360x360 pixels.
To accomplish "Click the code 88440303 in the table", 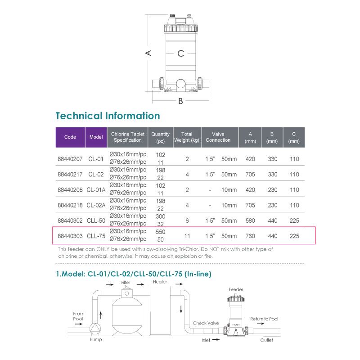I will pyautogui.click(x=70, y=236).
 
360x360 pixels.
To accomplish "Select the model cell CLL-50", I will pyautogui.click(x=96, y=220).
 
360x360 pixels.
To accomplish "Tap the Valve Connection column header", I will pyautogui.click(x=218, y=137).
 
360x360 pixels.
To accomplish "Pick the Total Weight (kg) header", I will pyautogui.click(x=187, y=137).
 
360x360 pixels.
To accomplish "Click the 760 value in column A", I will pyautogui.click(x=250, y=236).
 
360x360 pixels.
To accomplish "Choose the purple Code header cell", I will pyautogui.click(x=70, y=137).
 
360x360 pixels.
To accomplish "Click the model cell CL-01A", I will pyautogui.click(x=96, y=190).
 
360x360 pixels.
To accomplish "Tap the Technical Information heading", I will pyautogui.click(x=108, y=116).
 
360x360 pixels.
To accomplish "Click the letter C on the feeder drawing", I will pyautogui.click(x=180, y=54).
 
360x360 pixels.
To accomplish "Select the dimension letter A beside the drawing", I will pyautogui.click(x=148, y=53).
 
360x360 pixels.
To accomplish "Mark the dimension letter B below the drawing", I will pyautogui.click(x=180, y=101).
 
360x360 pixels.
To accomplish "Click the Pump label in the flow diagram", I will pyautogui.click(x=95, y=340).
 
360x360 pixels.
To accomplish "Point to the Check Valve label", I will pyautogui.click(x=206, y=323).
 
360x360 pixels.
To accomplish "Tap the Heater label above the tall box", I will pyautogui.click(x=160, y=282).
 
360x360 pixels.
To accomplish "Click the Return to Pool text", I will pyautogui.click(x=264, y=319).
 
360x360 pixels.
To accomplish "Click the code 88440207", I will pyautogui.click(x=70, y=159).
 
